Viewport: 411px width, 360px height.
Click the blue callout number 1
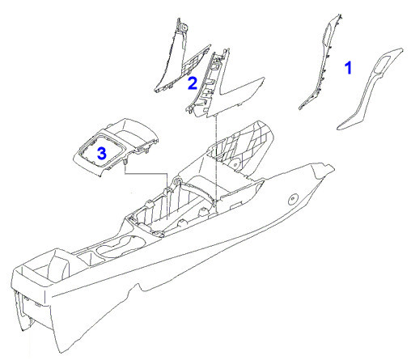(x=349, y=68)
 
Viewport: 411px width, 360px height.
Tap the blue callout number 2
(x=193, y=83)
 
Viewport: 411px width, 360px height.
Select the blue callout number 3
(x=102, y=154)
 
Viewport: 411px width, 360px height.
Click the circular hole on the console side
(x=293, y=199)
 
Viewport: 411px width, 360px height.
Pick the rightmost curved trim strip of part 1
(x=370, y=89)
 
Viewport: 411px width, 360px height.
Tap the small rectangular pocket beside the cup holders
(x=86, y=257)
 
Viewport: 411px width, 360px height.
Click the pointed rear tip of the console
(x=334, y=169)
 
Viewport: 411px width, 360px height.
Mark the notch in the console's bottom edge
(x=140, y=288)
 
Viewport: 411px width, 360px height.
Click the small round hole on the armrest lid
(x=235, y=164)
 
